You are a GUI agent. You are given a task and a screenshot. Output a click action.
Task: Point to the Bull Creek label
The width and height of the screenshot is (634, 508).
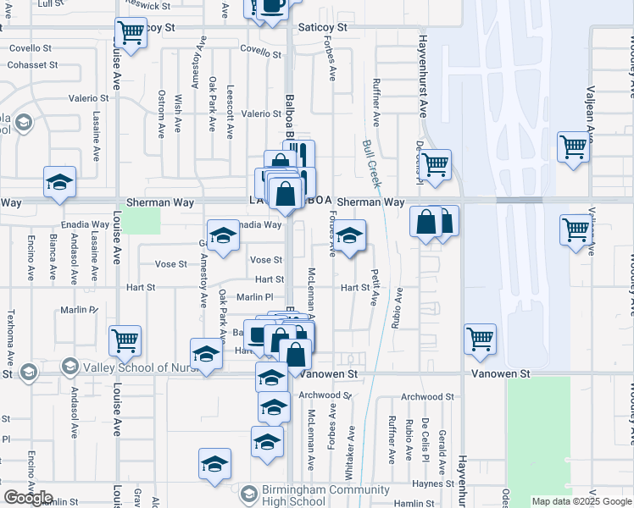click(x=370, y=163)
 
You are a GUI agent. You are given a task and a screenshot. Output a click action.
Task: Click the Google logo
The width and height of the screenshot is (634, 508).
click(x=28, y=498)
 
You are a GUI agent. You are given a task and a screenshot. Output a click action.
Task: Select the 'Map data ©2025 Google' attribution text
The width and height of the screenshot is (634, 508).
click(x=581, y=501)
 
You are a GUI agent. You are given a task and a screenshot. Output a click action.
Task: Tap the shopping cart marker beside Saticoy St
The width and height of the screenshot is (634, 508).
click(x=131, y=33)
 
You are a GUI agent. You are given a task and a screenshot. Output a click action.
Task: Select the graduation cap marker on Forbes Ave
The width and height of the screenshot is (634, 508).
click(x=349, y=236)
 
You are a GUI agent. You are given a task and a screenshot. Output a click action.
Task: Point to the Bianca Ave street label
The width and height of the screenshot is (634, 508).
click(x=53, y=257)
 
